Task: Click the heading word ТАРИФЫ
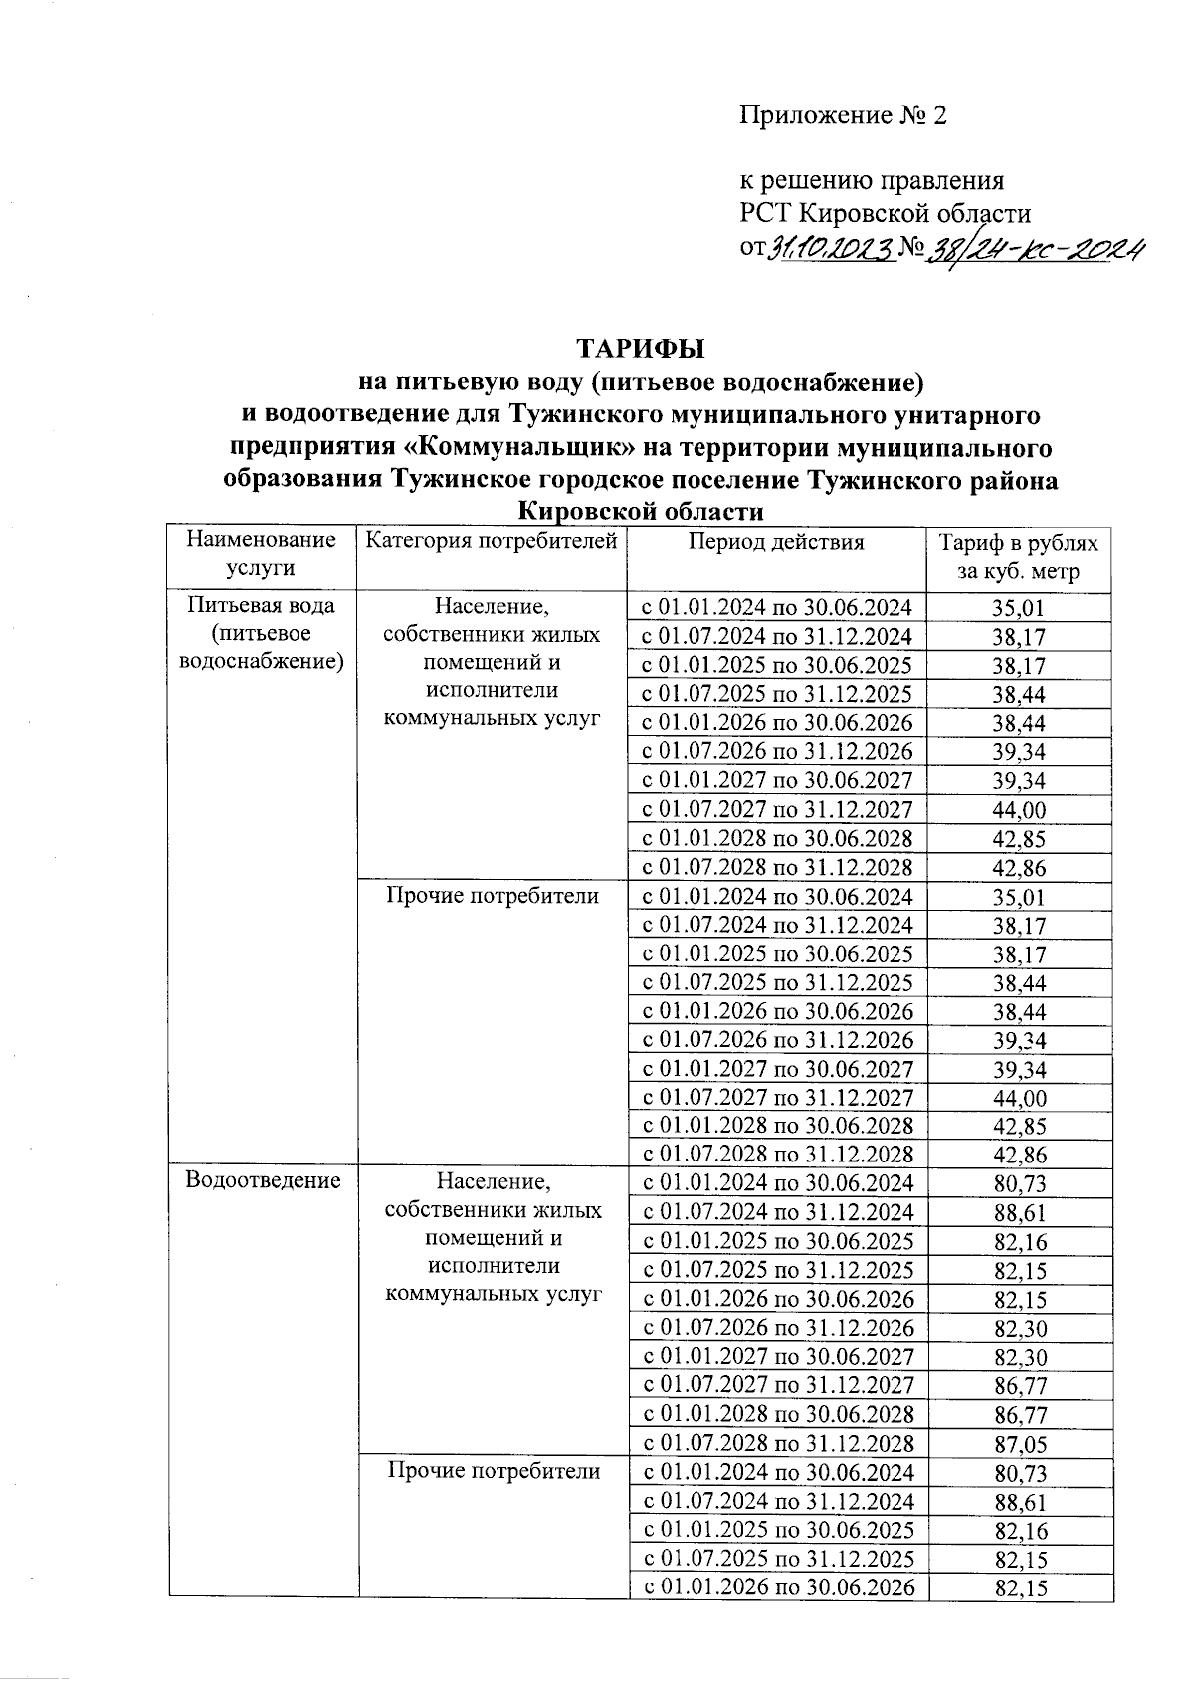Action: pyautogui.click(x=641, y=349)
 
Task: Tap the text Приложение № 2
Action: pyautogui.click(x=842, y=115)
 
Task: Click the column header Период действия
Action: pyautogui.click(x=776, y=542)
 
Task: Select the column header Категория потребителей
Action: pyautogui.click(x=492, y=541)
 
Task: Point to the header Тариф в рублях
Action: pyautogui.click(x=1019, y=543)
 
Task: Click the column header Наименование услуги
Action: pyautogui.click(x=262, y=554)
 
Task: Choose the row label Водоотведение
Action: pyautogui.click(x=264, y=1180)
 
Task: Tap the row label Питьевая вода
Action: pyautogui.click(x=263, y=605)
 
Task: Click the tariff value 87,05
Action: pyautogui.click(x=1020, y=1444)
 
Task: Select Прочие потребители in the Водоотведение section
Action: pyautogui.click(x=494, y=1471)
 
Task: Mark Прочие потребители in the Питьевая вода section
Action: pyautogui.click(x=493, y=896)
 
